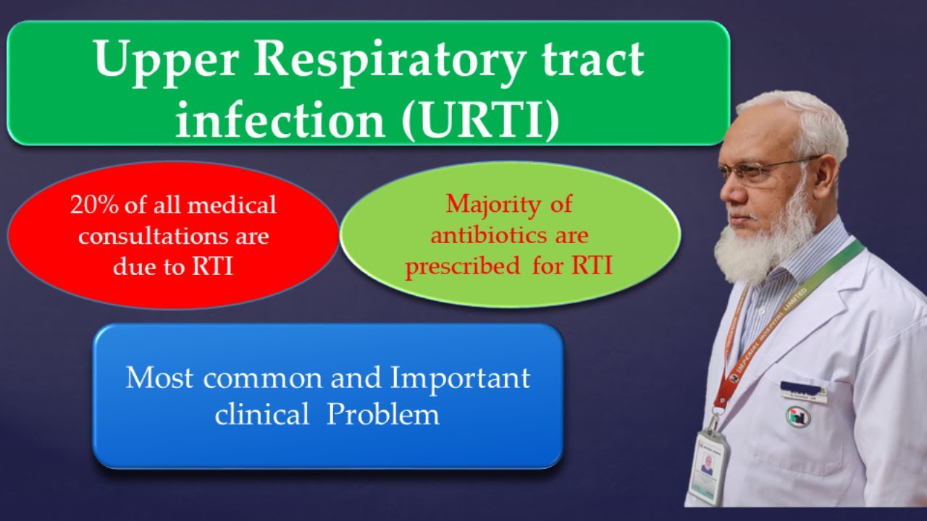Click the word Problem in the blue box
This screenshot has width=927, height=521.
(x=383, y=415)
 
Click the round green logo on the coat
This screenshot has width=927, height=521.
(x=794, y=415)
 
